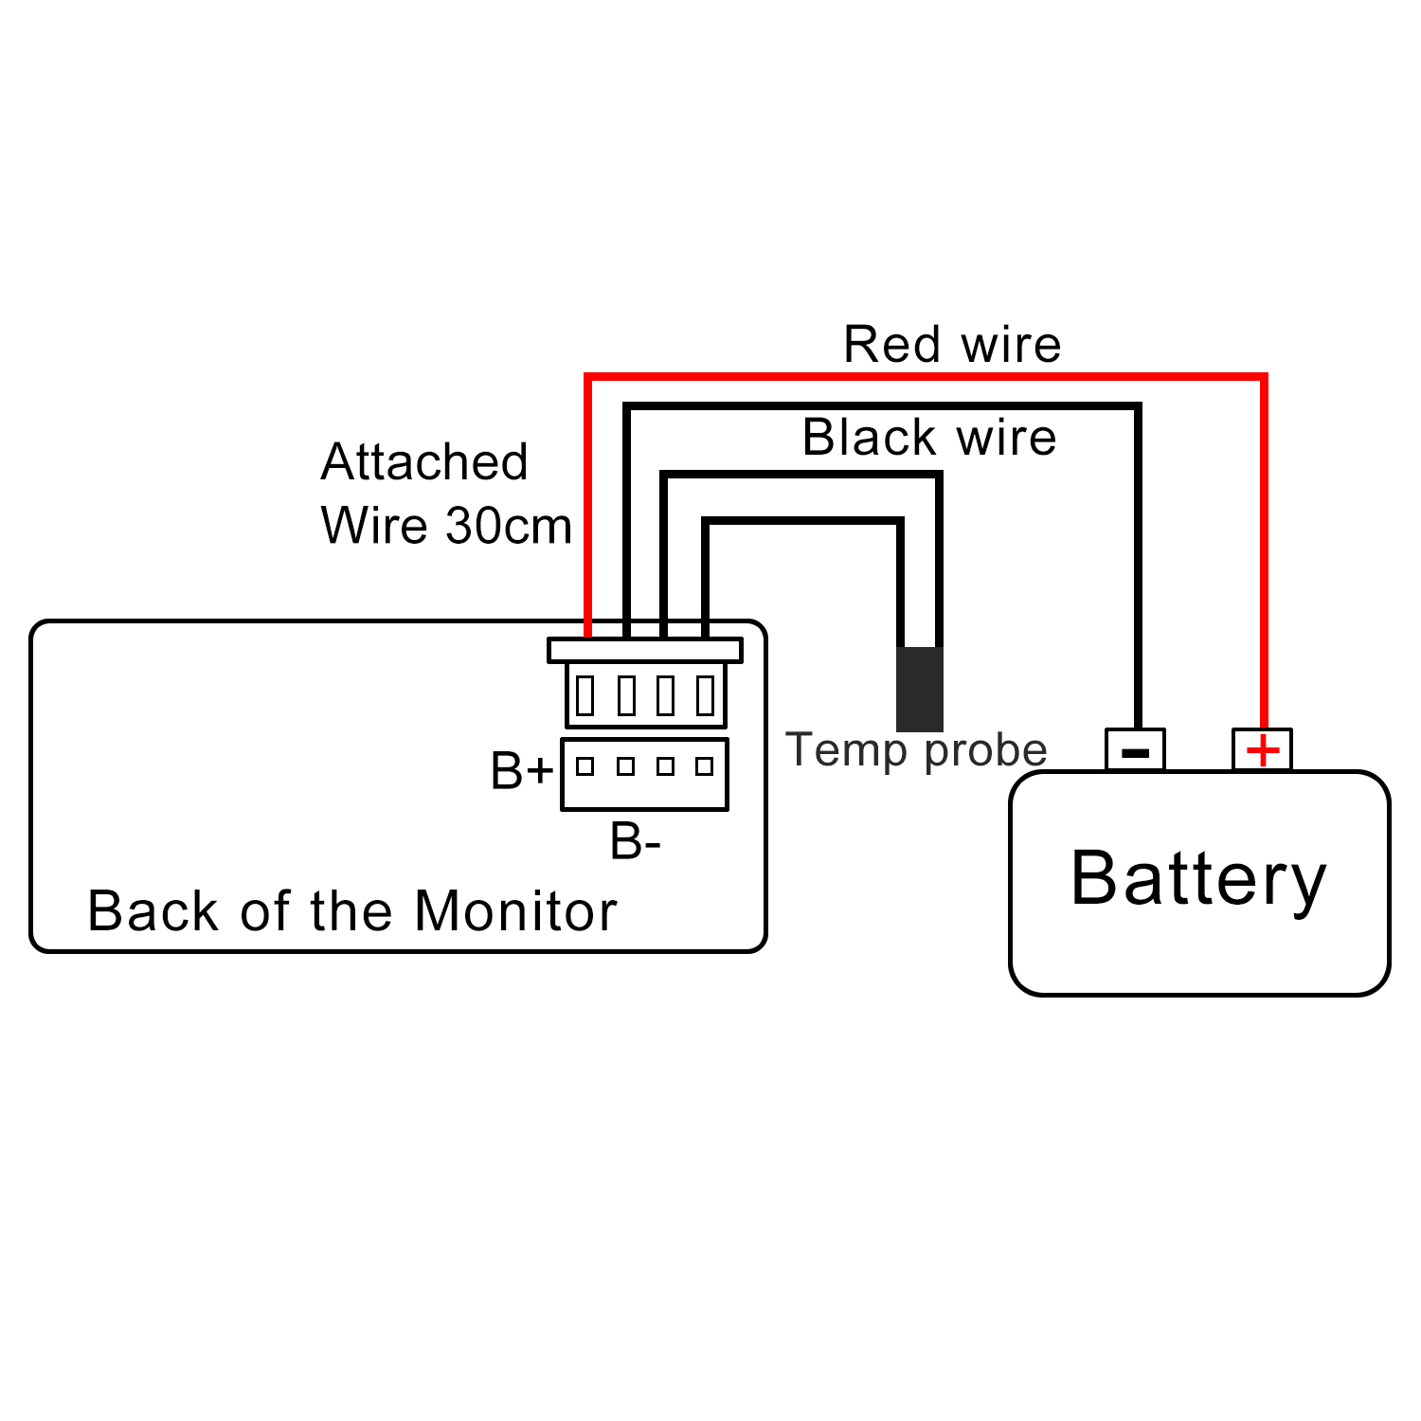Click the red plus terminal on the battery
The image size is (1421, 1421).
click(1262, 750)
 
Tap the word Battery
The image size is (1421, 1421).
click(1198, 878)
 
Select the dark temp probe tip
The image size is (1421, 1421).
click(919, 689)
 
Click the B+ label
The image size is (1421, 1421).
click(521, 771)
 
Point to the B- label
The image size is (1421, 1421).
click(635, 841)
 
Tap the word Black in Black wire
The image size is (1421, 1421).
click(870, 438)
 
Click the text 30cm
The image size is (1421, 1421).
click(509, 526)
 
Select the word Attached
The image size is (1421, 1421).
click(424, 462)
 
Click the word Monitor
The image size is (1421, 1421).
click(515, 911)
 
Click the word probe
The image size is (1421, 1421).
click(985, 750)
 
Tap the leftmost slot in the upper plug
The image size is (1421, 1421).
click(585, 695)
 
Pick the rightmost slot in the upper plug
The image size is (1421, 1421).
click(705, 695)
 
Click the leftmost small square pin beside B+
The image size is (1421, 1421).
click(585, 766)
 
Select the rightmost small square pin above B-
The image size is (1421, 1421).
click(704, 766)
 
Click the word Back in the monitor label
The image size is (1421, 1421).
click(153, 911)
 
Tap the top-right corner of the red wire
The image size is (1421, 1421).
click(1264, 378)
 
